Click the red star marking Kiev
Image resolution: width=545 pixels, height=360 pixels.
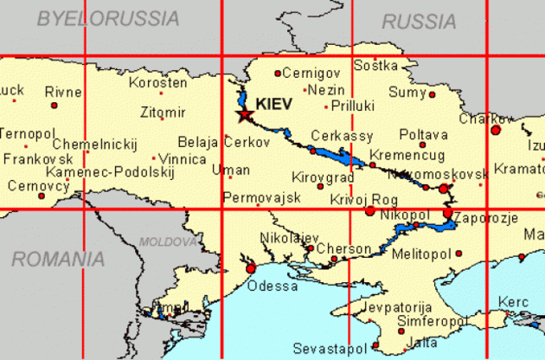tap(245, 115)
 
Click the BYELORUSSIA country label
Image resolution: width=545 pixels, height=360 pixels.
tap(108, 18)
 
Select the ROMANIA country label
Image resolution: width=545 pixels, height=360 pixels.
tap(58, 258)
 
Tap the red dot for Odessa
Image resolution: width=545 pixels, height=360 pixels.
tap(251, 268)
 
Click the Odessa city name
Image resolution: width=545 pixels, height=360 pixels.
tap(272, 286)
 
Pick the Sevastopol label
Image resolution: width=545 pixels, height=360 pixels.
tap(330, 348)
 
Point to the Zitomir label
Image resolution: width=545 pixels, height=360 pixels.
tap(163, 112)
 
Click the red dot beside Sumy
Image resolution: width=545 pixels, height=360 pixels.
tap(433, 94)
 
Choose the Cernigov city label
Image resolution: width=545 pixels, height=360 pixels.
tap(312, 73)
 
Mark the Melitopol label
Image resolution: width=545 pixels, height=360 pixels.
tap(421, 254)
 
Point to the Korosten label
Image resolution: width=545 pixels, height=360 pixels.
tap(157, 83)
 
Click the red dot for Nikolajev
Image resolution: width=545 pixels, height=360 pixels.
tap(310, 248)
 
